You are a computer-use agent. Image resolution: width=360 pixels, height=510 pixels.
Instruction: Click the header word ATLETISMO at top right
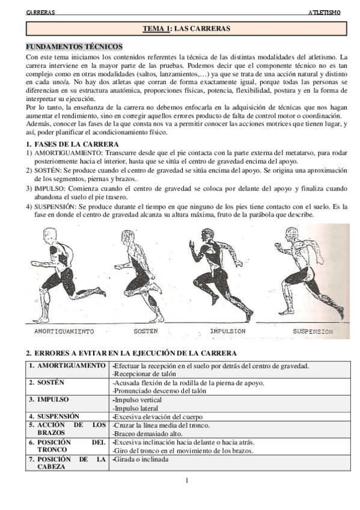324,12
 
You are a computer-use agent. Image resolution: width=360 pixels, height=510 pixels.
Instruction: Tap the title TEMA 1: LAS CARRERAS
186,28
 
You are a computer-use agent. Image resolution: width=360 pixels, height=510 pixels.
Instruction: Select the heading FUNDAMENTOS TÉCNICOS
75,46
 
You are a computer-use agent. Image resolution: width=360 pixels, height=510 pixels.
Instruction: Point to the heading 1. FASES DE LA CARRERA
72,144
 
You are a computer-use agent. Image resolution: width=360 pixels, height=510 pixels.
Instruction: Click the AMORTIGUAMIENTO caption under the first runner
64,331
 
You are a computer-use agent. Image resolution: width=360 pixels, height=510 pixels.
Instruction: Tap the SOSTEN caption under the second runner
145,331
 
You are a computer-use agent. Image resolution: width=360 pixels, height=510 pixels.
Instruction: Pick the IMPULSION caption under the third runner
228,331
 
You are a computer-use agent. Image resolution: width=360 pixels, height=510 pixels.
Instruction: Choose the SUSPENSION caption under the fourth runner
313,331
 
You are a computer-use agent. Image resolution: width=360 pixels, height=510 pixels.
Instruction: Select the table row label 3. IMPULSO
49,399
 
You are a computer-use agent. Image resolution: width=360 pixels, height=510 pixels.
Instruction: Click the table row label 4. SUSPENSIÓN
55,416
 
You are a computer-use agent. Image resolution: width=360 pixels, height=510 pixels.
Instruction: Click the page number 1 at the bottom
187,480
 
